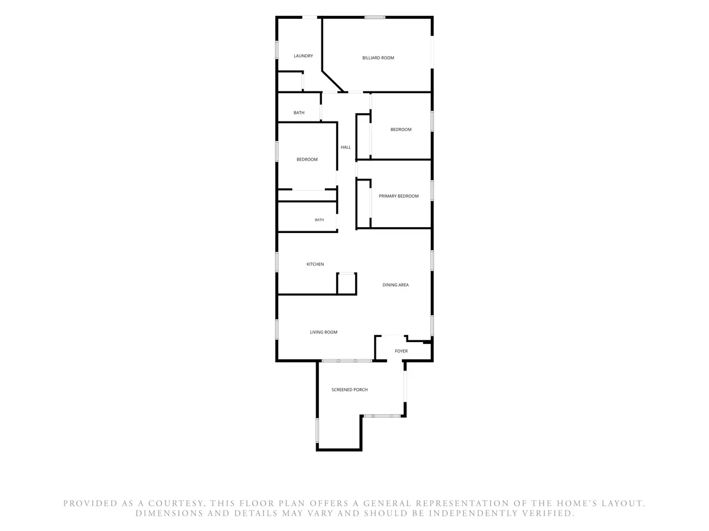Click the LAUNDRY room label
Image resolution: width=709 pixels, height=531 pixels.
point(303,56)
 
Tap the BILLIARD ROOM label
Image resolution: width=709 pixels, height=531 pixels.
point(378,58)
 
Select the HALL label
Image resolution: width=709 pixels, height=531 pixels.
point(345,147)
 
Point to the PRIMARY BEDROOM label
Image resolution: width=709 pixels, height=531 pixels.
point(398,196)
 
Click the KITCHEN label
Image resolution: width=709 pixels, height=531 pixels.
point(315,264)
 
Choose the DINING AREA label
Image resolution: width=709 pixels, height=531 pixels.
point(395,285)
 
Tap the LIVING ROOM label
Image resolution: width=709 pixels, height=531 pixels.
point(323,332)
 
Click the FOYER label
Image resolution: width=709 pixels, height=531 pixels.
point(401,351)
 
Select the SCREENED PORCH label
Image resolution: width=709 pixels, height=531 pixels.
point(350,390)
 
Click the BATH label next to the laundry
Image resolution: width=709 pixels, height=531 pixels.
point(299,113)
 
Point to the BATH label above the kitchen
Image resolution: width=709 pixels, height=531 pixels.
point(319,220)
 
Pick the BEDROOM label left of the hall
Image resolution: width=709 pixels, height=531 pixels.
point(307,159)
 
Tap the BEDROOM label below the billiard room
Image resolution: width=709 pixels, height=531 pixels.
point(401,129)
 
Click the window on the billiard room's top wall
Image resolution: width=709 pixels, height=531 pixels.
point(375,17)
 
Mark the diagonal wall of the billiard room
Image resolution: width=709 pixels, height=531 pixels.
point(333,81)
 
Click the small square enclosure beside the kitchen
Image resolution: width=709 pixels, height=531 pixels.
point(346,284)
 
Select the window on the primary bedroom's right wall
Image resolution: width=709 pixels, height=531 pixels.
point(432,191)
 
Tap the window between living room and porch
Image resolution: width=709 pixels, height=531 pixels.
point(347,360)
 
